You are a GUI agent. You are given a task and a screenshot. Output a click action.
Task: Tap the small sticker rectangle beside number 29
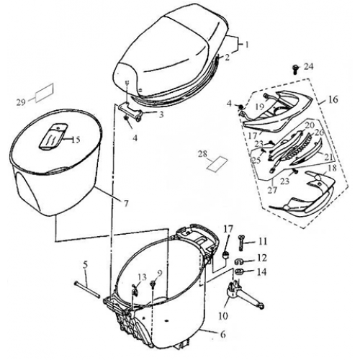(45, 91)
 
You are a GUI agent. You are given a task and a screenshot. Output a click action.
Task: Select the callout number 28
(204, 153)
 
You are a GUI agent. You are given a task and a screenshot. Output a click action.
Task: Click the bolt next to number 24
(295, 69)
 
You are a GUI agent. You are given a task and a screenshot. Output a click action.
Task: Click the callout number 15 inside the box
(76, 139)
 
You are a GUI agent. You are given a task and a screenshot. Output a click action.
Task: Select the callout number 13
(142, 277)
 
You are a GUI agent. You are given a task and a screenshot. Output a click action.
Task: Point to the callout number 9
(160, 274)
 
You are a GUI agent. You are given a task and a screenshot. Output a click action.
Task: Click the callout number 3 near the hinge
(161, 113)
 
